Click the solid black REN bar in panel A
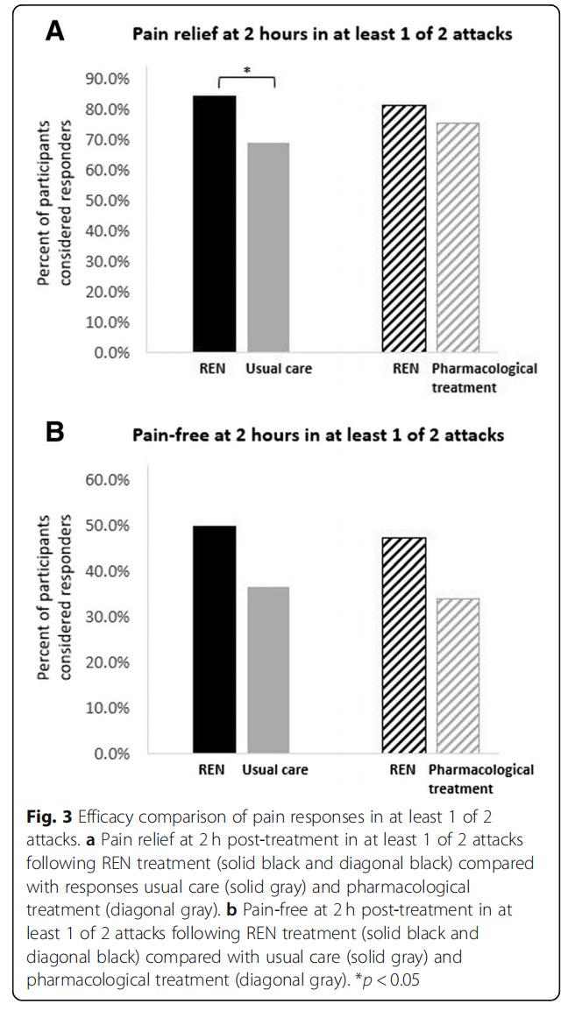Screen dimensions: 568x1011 tap(214, 223)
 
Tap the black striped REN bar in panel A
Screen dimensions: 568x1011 tap(404, 229)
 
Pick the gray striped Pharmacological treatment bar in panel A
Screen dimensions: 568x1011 tap(458, 238)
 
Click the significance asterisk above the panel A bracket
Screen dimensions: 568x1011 tap(247, 68)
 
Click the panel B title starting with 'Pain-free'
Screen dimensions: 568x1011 tap(317, 435)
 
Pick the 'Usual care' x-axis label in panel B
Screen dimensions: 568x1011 tap(274, 769)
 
